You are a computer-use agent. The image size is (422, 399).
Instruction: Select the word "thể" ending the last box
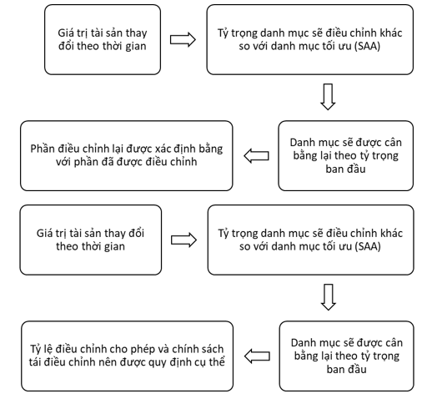click(218, 361)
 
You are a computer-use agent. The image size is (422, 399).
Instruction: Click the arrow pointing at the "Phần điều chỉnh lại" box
click(256, 156)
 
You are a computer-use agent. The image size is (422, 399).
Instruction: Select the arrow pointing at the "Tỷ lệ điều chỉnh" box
click(257, 356)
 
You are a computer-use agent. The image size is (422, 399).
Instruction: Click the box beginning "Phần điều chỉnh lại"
click(127, 156)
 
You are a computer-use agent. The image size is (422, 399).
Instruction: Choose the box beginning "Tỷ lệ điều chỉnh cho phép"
click(127, 356)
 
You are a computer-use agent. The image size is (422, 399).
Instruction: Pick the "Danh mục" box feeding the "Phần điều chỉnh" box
click(346, 156)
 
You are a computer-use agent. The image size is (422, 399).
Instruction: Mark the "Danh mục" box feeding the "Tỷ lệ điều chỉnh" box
click(347, 356)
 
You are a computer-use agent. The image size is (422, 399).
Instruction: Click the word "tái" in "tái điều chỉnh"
click(35, 362)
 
